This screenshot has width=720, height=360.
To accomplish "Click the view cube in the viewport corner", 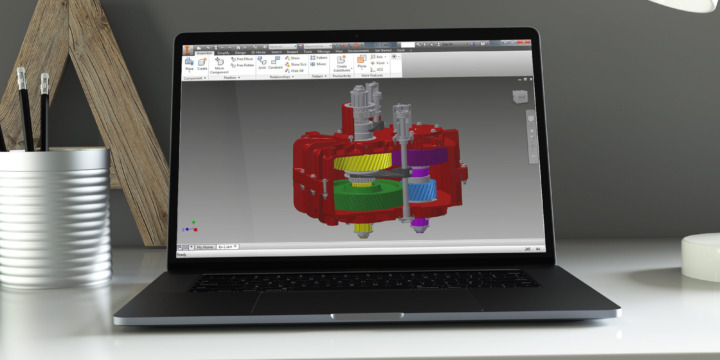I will (520, 97).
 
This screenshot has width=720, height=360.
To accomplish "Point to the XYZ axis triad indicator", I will (191, 226).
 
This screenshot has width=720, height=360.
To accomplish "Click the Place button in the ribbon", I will (189, 64).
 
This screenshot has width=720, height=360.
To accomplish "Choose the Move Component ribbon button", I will (218, 66).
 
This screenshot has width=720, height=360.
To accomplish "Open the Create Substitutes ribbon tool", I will (341, 65).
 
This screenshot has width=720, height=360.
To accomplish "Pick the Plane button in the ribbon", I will (361, 63).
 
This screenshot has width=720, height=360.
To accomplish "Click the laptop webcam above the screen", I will (356, 35).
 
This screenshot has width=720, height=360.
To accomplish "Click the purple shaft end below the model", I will (421, 222).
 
